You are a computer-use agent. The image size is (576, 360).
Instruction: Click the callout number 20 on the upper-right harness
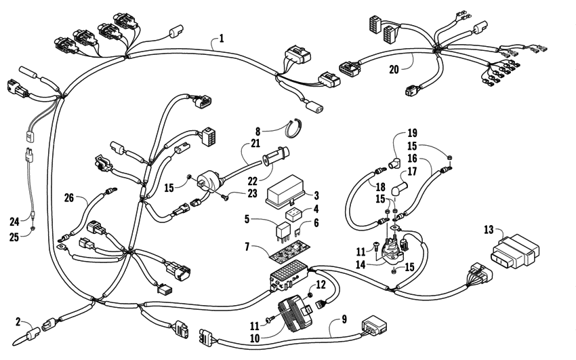coord(394,68)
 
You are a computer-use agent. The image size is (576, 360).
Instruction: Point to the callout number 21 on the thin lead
coord(254,144)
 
